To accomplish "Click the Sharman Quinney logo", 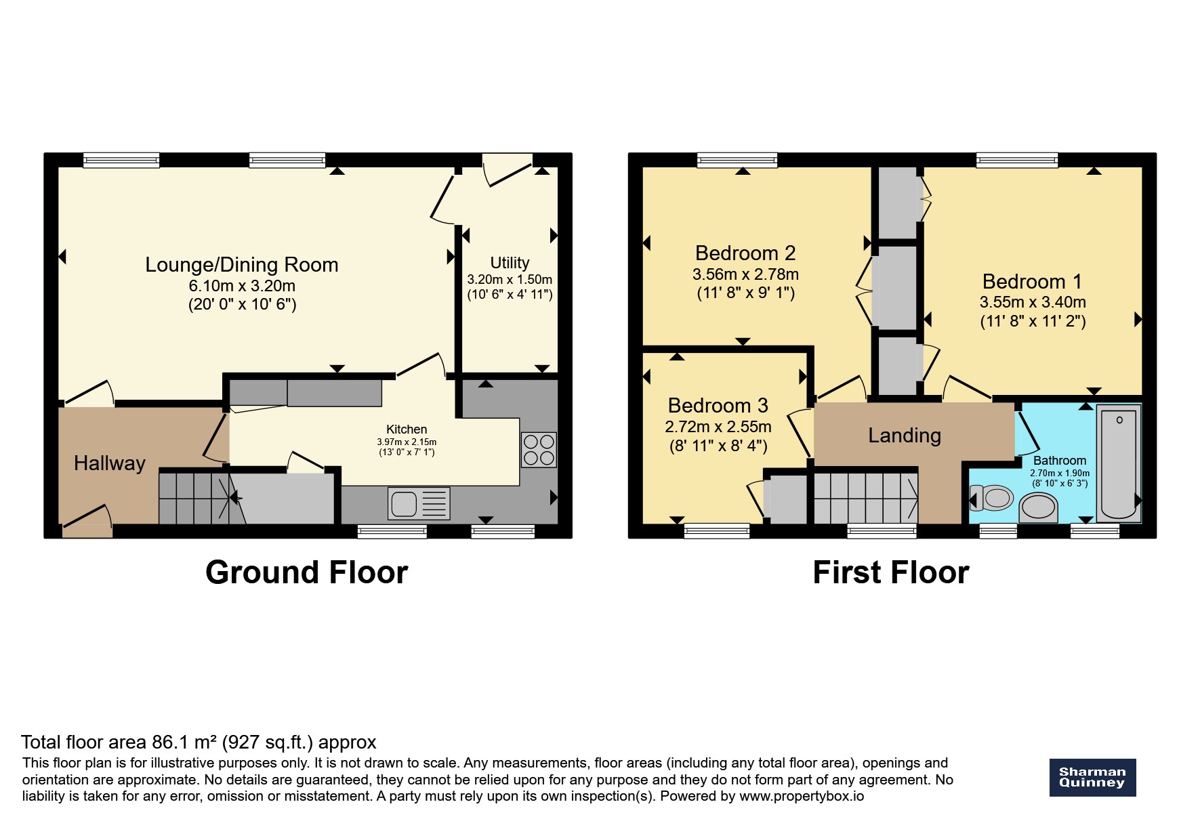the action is (1092, 777).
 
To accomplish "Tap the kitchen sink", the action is (419, 504).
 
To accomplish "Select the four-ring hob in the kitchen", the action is (539, 450).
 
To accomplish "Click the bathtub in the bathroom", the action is (1119, 463).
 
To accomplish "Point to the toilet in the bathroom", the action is (992, 499).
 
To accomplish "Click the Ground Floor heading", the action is (307, 572).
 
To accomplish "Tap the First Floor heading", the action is (891, 572).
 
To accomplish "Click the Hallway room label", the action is (110, 463).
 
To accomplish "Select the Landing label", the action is (905, 436).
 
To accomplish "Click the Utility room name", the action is (510, 263).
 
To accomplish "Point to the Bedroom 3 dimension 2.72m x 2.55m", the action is (718, 427).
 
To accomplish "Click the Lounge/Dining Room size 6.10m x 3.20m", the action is (242, 286).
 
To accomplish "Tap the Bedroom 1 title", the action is (1032, 281).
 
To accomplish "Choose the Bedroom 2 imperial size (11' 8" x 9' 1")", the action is (745, 293).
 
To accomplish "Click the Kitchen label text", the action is (407, 429).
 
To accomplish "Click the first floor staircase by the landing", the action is (865, 498).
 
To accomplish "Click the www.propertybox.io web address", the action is (802, 796).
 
